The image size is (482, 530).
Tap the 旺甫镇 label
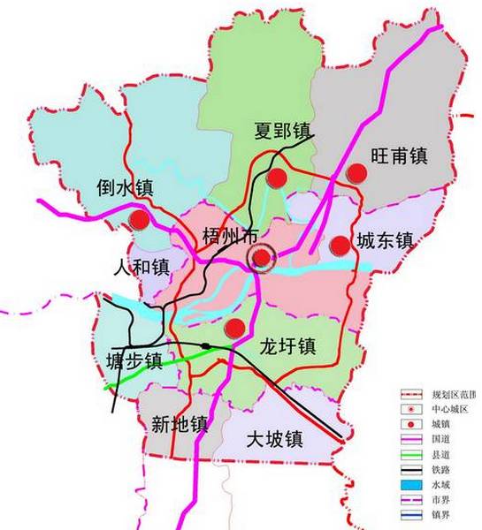pyautogui.click(x=398, y=155)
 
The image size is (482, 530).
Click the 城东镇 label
pyautogui.click(x=385, y=239)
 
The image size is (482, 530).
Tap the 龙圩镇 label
pyautogui.click(x=287, y=345)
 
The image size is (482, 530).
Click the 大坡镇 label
pyautogui.click(x=275, y=438)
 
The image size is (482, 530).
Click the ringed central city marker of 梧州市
pyautogui.click(x=262, y=258)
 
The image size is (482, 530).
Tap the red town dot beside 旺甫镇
pyautogui.click(x=356, y=173)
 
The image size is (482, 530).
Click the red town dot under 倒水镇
pyautogui.click(x=138, y=219)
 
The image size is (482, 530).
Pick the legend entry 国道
pyautogui.click(x=442, y=439)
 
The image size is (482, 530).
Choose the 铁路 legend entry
pyautogui.click(x=442, y=469)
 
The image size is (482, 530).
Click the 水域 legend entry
pyautogui.click(x=442, y=484)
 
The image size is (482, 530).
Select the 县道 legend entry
pyautogui.click(x=442, y=454)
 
